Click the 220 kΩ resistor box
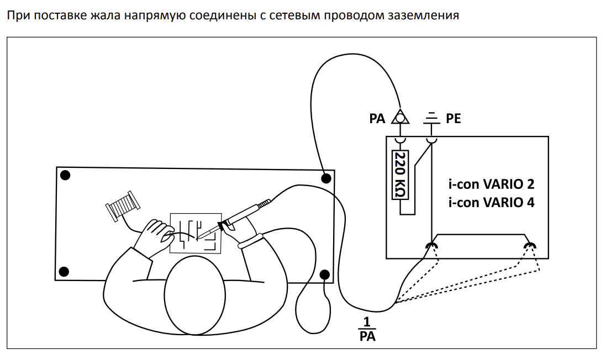399,175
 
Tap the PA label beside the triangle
377,119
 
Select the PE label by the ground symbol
453,119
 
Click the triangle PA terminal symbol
399,117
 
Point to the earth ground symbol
431,118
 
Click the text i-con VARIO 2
491,184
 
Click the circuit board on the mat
196,232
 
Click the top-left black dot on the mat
65,176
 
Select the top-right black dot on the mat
326,178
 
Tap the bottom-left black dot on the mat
64,271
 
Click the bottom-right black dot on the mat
325,274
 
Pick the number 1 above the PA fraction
367,322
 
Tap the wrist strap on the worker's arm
251,240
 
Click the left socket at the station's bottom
430,245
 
